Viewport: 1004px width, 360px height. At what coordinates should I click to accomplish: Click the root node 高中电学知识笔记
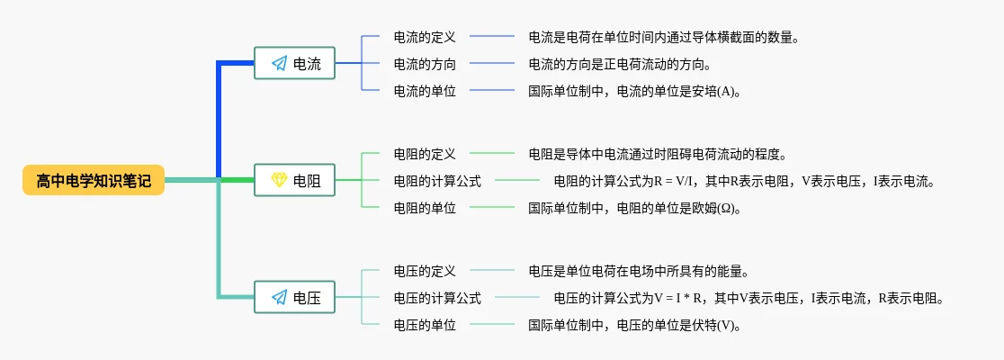94,181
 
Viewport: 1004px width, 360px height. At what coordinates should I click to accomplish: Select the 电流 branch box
294,64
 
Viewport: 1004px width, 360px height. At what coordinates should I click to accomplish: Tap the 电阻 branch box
294,181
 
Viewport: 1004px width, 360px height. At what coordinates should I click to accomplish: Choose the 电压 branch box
294,297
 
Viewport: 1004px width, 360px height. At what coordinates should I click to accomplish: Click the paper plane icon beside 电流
279,64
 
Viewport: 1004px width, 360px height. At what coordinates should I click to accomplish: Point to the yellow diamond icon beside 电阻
279,181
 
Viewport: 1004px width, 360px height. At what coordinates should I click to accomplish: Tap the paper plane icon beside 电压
279,297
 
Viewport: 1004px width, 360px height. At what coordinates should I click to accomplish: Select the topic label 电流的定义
425,38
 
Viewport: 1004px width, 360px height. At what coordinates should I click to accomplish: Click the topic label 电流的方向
425,64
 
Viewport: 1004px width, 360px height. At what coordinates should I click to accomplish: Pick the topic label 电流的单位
425,90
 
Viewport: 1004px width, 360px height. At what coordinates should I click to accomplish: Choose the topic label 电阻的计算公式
437,181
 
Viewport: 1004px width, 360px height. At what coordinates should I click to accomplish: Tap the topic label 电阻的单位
425,207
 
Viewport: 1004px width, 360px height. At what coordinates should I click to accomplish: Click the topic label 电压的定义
425,271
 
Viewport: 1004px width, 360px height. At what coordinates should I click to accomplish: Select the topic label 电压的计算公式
437,297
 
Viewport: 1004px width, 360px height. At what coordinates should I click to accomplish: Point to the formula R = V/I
672,181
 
